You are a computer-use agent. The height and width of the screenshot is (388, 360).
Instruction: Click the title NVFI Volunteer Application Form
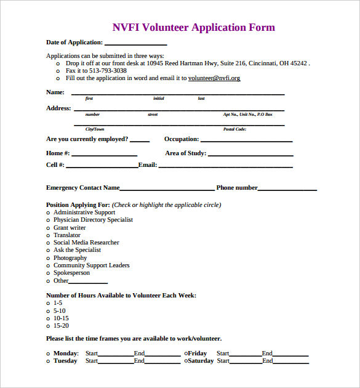point(193,27)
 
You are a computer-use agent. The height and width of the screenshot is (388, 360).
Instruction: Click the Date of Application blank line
point(135,44)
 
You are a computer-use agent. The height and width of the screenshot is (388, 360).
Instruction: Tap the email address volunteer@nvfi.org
point(214,78)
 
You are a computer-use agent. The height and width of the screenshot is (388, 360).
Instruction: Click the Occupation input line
point(246,140)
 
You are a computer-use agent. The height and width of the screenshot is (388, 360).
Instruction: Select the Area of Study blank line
point(250,155)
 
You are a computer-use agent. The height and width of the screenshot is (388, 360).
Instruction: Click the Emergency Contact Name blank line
point(167,189)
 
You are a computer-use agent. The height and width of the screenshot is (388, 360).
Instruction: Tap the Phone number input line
point(287,189)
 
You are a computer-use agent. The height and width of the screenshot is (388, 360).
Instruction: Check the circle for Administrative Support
point(49,212)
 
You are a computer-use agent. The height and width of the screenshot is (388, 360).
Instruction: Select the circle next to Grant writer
point(49,228)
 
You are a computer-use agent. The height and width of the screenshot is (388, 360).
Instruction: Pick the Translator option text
point(67,235)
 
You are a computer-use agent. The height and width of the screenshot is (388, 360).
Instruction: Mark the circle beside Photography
point(49,258)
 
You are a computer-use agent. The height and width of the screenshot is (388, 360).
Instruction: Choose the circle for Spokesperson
point(49,273)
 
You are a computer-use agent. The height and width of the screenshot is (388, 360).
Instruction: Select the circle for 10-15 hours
point(49,318)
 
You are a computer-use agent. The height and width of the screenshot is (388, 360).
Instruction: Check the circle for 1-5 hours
point(49,303)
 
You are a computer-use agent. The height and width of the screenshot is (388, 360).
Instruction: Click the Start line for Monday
point(116,355)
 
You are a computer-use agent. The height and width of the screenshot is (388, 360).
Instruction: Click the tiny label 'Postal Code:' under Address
point(234,129)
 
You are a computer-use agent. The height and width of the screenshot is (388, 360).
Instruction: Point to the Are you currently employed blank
point(140,140)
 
